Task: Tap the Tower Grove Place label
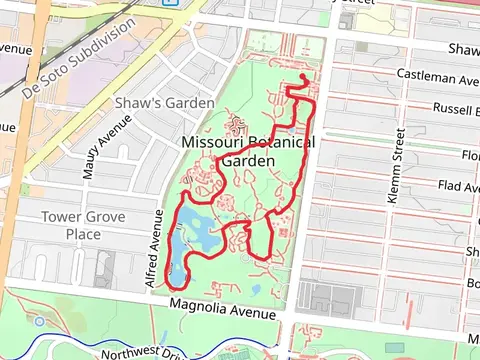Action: pos(71,225)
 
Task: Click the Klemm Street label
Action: pos(393,166)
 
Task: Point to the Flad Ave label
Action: pos(457,186)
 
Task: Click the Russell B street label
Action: pos(456,110)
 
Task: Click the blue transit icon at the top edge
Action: pos(169,2)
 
